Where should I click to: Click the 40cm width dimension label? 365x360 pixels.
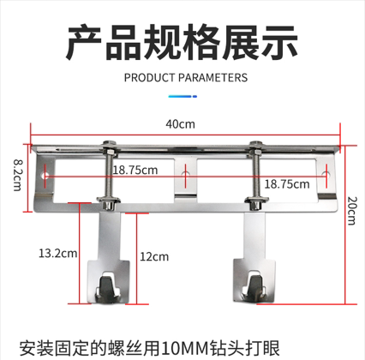click(x=180, y=124)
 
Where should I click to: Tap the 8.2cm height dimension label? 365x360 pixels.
click(x=18, y=175)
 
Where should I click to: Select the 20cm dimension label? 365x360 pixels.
click(x=351, y=211)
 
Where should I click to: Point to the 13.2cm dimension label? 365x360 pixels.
click(x=58, y=253)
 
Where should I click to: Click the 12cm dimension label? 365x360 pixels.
click(x=154, y=256)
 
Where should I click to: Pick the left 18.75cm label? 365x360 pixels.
click(x=135, y=171)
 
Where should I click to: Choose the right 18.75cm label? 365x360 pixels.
click(x=287, y=184)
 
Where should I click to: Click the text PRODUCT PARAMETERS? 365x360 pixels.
click(x=186, y=78)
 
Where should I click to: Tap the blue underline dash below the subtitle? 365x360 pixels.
click(x=182, y=97)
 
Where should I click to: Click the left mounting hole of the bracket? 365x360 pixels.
click(x=45, y=175)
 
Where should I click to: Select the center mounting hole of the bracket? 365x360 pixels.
click(x=186, y=174)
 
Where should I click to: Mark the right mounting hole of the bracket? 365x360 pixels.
click(x=326, y=174)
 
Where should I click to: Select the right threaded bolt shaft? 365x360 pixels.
click(x=255, y=176)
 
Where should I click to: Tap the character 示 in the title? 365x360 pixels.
click(x=280, y=42)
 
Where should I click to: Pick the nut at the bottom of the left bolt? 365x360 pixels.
click(x=108, y=203)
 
